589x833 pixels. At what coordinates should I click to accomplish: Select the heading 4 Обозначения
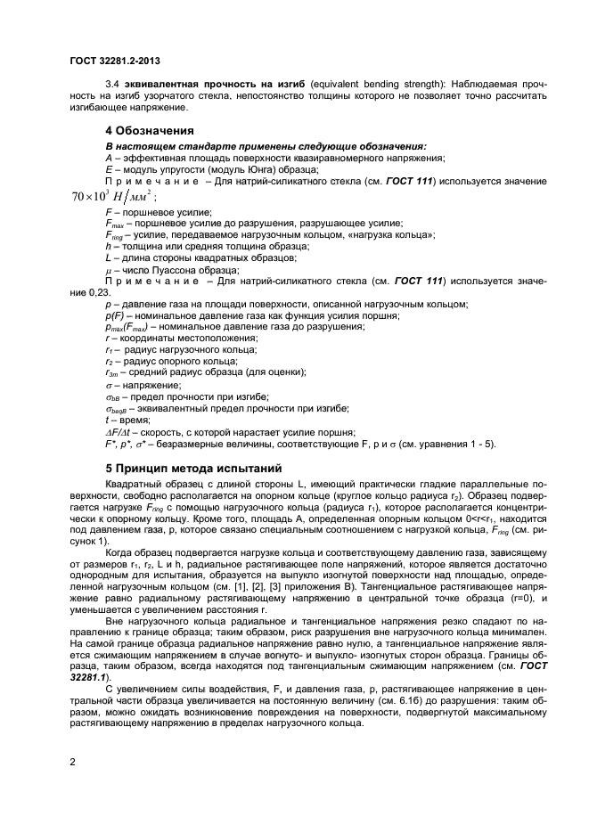click(x=153, y=131)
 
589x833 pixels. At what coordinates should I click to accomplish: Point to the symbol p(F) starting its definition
click(x=116, y=315)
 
